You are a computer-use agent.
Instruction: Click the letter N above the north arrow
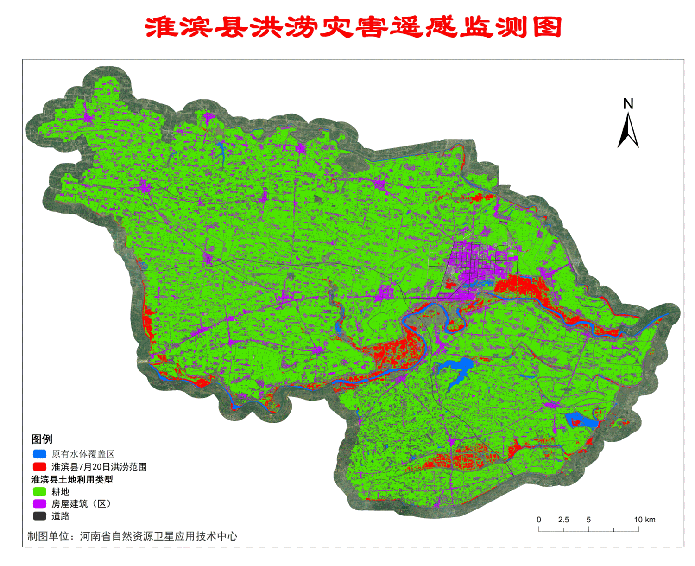pos(628,103)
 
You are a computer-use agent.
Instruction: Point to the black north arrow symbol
pos(628,132)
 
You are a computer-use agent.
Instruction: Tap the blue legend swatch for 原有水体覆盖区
pos(39,454)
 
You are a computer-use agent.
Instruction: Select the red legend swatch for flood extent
pos(39,466)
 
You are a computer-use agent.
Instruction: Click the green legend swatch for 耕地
pos(39,491)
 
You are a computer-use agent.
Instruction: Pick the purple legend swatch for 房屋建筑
pos(39,503)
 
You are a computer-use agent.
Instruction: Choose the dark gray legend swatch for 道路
pos(39,516)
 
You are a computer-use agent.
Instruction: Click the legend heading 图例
pos(42,439)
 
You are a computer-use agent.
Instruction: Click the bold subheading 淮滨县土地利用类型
pos(72,479)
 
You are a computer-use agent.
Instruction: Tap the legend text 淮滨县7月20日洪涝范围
pos(99,467)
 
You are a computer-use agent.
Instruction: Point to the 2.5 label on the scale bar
pos(563,520)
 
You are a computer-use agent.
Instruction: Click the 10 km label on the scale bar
pos(644,520)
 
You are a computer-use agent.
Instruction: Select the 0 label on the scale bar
pos(539,520)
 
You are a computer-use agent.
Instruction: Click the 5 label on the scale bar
pos(588,520)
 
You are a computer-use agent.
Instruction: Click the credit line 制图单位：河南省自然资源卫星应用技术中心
pos(132,536)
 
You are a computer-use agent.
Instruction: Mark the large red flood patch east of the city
pos(521,285)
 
